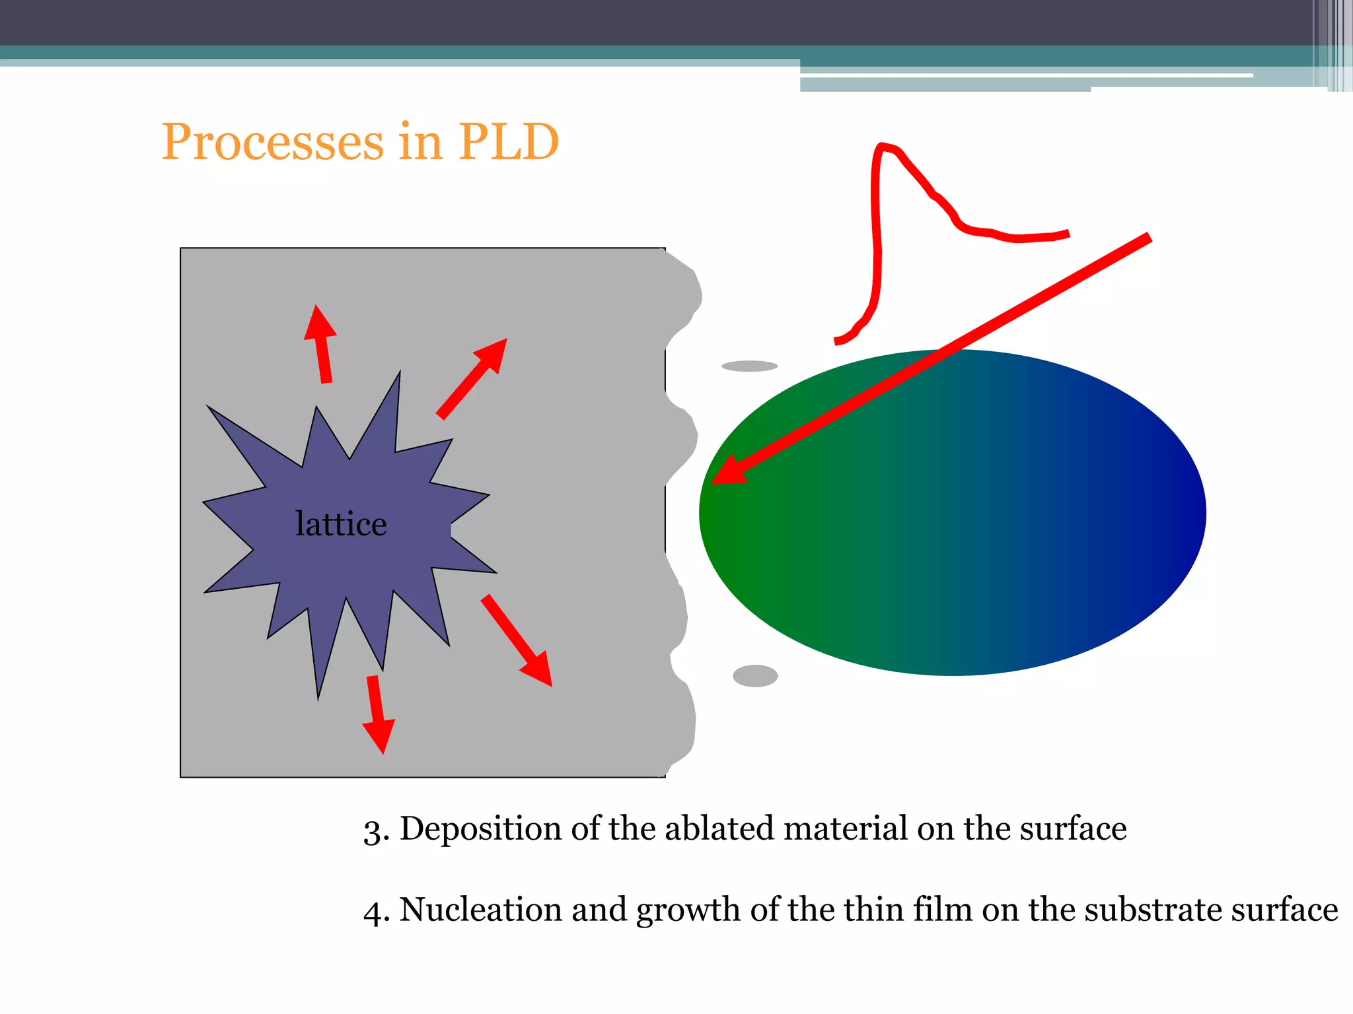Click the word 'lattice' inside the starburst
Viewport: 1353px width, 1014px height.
pyautogui.click(x=341, y=524)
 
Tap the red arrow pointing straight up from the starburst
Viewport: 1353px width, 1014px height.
pyautogui.click(x=322, y=343)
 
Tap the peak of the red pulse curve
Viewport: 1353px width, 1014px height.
pyautogui.click(x=883, y=147)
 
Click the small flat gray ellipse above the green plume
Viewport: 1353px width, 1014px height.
pyautogui.click(x=749, y=366)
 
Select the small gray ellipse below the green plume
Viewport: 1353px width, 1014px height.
pyautogui.click(x=755, y=676)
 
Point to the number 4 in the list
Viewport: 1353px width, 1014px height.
pyautogui.click(x=373, y=912)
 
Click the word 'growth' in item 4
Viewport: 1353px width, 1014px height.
pyautogui.click(x=688, y=911)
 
